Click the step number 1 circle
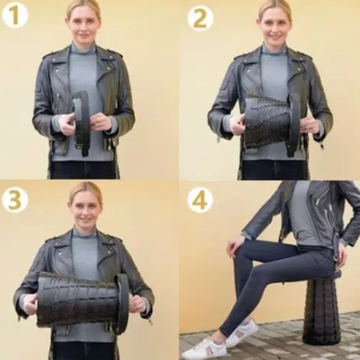[x=15, y=16]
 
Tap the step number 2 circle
[x=200, y=18]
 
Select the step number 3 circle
[x=15, y=201]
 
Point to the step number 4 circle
[x=200, y=201]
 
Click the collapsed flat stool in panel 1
[x=82, y=122]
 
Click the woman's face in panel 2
[x=272, y=26]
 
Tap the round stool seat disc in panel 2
[x=293, y=125]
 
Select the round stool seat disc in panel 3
[x=122, y=303]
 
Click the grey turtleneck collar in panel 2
[x=273, y=49]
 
